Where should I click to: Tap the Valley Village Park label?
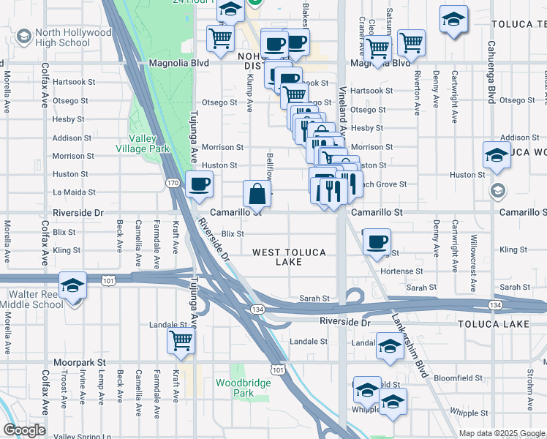[149, 143]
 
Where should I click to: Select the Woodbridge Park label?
[234, 388]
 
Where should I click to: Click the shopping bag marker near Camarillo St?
[257, 195]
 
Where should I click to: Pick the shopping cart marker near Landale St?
[181, 340]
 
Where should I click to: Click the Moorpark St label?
[80, 362]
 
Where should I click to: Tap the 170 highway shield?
[173, 182]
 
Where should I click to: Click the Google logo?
[24, 430]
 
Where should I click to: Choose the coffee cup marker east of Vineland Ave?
[377, 242]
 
